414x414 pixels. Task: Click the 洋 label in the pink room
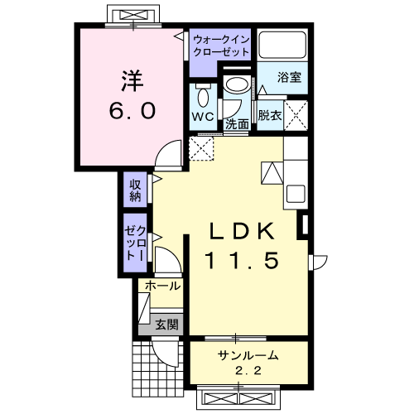pyautogui.click(x=132, y=80)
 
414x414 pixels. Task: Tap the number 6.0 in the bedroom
pyautogui.click(x=132, y=110)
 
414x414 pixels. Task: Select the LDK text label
pyautogui.click(x=243, y=231)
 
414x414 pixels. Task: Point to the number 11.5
pyautogui.click(x=242, y=261)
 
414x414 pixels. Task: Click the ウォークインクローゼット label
pyautogui.click(x=221, y=46)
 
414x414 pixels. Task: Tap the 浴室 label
pyautogui.click(x=289, y=77)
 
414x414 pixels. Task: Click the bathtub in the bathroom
pyautogui.click(x=282, y=45)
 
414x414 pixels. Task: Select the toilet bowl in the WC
pyautogui.click(x=204, y=97)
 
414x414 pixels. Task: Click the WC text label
pyautogui.click(x=203, y=117)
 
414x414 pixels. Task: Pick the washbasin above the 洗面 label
pyautogui.click(x=237, y=84)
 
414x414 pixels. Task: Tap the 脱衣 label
pyautogui.click(x=270, y=115)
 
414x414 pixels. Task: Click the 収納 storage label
pyautogui.click(x=135, y=190)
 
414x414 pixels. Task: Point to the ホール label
pyautogui.click(x=163, y=286)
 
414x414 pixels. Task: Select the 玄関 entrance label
pyautogui.click(x=166, y=325)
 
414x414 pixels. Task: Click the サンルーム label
pyautogui.click(x=248, y=355)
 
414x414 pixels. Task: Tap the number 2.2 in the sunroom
pyautogui.click(x=248, y=371)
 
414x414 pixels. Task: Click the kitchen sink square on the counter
pyautogui.click(x=296, y=194)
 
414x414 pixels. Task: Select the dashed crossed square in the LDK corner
pyautogui.click(x=201, y=148)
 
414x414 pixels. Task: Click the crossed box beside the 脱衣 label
pyautogui.click(x=296, y=115)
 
